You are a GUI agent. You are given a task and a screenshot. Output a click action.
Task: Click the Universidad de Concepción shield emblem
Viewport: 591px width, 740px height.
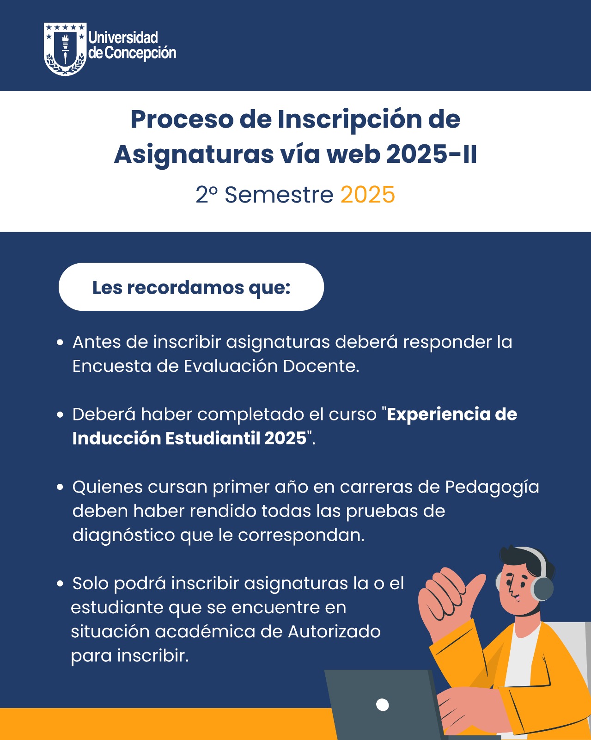[65, 49]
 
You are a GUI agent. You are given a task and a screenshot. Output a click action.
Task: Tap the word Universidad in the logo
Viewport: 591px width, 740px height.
[123, 38]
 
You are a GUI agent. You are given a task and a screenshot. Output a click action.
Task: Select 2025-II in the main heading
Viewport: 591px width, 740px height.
[432, 154]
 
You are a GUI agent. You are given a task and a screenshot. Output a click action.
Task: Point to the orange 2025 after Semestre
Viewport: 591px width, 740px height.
[368, 195]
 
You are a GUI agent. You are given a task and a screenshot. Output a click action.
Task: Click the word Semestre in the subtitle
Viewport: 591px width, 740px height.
[279, 195]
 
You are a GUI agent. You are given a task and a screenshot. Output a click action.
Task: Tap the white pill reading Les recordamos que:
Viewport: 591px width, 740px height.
[191, 287]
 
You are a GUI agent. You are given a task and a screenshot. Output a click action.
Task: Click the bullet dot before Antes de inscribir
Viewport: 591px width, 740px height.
[60, 343]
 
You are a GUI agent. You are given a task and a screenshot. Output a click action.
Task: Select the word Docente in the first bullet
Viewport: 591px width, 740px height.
[321, 366]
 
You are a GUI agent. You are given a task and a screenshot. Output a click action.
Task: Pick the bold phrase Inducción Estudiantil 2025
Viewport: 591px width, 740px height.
[189, 438]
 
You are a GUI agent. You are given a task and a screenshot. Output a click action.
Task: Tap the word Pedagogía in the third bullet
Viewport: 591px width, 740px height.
[492, 487]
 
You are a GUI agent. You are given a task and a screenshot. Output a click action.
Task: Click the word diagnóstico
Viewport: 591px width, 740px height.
[124, 536]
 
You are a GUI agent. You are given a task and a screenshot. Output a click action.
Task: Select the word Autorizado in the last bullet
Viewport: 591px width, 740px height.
[335, 632]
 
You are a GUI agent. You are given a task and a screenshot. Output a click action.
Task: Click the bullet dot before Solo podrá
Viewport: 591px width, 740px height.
[60, 584]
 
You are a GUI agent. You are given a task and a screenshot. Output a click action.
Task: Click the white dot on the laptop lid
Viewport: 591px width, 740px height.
[383, 705]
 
